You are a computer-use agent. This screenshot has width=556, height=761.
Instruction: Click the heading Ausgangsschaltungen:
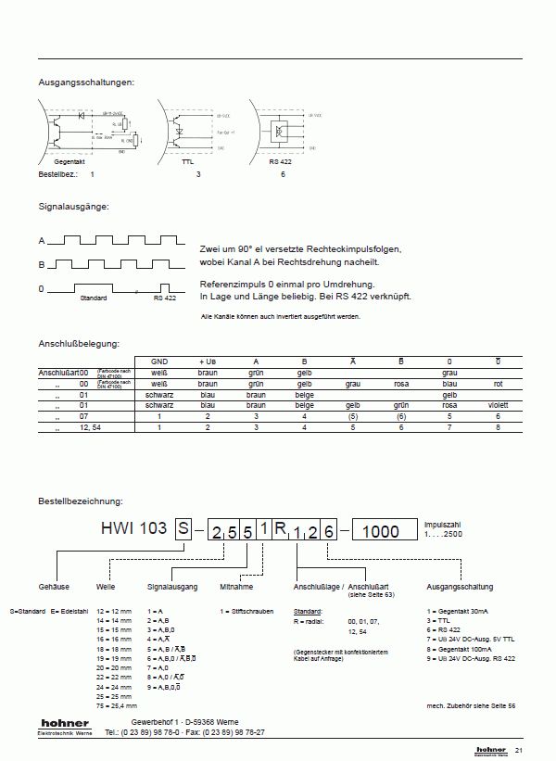coord(86,82)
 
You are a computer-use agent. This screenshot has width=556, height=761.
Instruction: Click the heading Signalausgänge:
coord(74,205)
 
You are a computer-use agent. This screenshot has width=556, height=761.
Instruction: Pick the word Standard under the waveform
coord(94,298)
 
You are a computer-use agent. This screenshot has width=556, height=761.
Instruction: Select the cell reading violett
coord(498,405)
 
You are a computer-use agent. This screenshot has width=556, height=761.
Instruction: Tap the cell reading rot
coord(498,383)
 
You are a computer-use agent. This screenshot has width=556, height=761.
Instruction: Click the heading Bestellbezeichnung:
coord(81,501)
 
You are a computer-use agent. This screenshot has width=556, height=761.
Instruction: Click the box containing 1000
coord(381,530)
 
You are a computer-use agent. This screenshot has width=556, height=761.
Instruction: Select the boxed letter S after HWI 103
coord(183,529)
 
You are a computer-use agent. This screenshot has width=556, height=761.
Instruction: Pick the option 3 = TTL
coord(437,620)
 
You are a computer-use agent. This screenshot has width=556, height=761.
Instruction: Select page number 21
coord(519,750)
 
